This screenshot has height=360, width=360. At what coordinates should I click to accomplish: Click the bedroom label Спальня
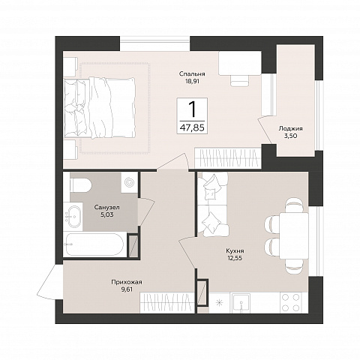point(192,74)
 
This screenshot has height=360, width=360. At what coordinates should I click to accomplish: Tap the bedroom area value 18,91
point(192,81)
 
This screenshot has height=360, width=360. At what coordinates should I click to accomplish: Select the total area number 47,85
point(192,127)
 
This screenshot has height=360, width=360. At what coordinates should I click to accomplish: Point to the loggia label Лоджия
point(290,128)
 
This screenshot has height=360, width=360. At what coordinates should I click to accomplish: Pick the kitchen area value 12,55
point(235,257)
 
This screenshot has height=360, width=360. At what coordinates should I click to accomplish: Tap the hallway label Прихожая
point(127,282)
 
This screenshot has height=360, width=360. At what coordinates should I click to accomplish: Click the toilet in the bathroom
point(80,185)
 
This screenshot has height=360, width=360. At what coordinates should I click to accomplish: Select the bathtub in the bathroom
point(94,244)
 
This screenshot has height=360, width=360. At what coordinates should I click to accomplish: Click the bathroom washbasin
point(73,217)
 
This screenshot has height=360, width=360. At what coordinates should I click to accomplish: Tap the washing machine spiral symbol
point(129,182)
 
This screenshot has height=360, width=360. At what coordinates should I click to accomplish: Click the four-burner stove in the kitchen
point(290,302)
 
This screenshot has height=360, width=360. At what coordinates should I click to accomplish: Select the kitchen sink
point(241,303)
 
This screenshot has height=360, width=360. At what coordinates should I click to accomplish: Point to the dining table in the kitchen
point(294,235)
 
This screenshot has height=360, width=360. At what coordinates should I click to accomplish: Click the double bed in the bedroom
point(100,108)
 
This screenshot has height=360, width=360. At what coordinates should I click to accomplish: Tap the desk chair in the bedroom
point(240,80)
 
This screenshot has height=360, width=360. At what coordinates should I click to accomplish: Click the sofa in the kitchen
point(213,204)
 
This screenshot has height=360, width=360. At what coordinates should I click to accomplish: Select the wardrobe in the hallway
point(167,303)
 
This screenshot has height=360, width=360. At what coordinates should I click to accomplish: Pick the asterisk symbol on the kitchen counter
point(219,303)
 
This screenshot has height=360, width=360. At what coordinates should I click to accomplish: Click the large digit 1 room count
point(192,109)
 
